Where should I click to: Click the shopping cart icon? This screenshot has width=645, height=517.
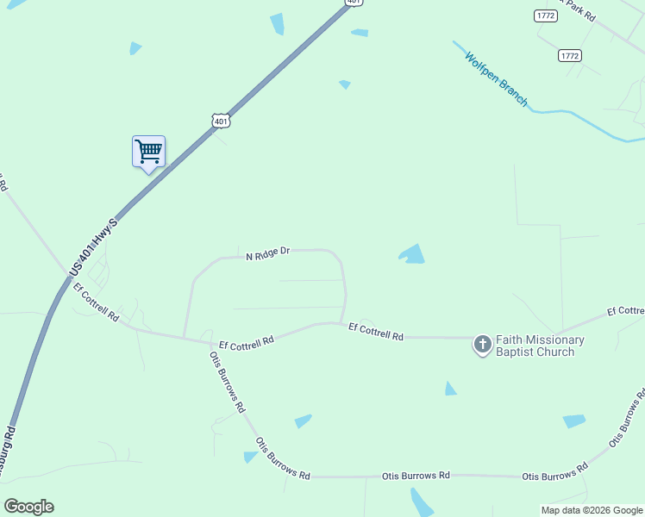click(x=148, y=152)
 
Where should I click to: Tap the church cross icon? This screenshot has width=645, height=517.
click(x=482, y=346)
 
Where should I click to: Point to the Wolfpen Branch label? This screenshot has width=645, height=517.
click(x=496, y=79)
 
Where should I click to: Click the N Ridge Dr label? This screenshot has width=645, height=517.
click(x=268, y=254)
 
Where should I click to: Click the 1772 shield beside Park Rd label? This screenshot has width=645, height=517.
click(x=545, y=16)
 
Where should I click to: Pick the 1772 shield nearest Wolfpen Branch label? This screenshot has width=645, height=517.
click(x=569, y=55)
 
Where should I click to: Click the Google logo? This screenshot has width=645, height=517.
click(x=28, y=507)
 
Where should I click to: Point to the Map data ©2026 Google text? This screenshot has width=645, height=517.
click(x=592, y=510)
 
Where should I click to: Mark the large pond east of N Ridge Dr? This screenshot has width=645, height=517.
click(x=413, y=255)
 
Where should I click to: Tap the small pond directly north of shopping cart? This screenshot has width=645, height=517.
click(x=135, y=48)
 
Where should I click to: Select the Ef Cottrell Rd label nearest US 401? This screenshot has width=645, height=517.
click(x=96, y=302)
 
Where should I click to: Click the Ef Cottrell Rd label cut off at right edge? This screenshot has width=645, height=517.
click(x=625, y=310)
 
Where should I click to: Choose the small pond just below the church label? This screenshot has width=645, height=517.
click(x=450, y=389)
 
